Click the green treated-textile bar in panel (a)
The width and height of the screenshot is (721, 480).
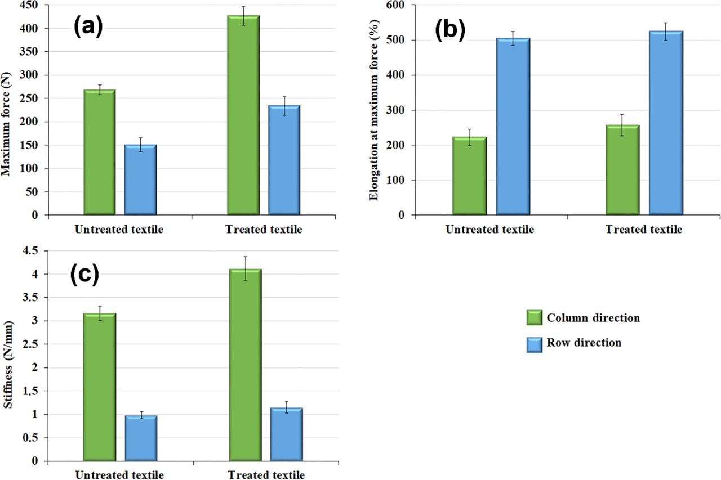243,115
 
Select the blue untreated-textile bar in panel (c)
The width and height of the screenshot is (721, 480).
141,438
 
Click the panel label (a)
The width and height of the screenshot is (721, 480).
88,27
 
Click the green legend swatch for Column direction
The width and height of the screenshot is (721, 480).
533,318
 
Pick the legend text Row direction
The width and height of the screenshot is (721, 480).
584,342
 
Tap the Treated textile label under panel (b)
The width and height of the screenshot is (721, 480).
643,230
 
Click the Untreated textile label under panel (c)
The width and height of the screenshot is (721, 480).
119,475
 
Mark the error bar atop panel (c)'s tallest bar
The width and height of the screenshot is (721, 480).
246,268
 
